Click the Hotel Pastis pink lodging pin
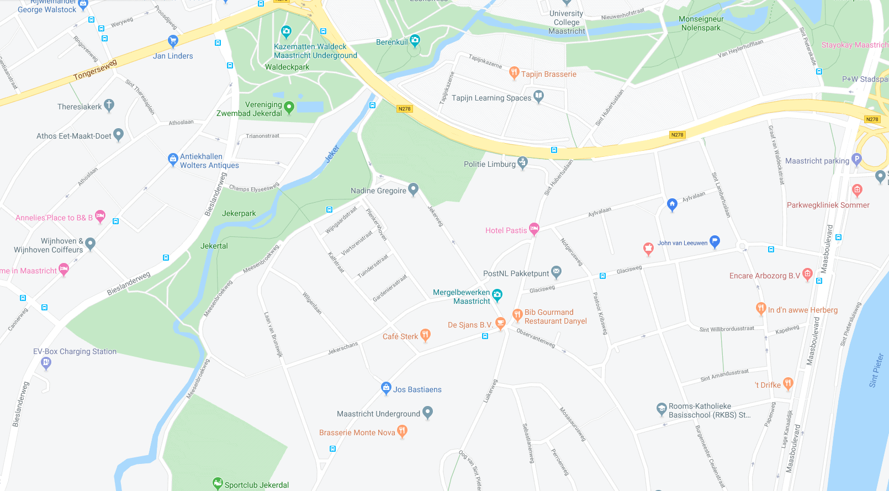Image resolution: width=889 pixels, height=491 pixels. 534,228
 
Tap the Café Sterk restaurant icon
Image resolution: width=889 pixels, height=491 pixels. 425,334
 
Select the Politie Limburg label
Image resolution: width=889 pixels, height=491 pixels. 490,164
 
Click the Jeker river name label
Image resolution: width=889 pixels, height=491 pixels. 332,154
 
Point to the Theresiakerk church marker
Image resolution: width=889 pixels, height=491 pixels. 109,105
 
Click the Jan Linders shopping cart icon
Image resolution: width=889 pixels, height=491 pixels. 173,41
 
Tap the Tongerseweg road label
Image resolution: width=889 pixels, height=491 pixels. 95,70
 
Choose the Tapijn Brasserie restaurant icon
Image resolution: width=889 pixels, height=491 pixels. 514,72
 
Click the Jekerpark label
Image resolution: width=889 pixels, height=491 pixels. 239,213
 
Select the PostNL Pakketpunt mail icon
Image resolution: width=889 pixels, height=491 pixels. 557,271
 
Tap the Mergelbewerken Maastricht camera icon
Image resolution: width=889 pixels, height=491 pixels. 497,295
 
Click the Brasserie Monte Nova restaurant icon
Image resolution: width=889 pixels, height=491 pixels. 402,431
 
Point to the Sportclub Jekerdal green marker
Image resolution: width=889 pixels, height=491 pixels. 218,483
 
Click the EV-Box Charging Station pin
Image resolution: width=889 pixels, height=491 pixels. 46,362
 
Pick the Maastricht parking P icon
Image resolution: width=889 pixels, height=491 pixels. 856,159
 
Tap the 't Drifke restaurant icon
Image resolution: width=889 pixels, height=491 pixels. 788,383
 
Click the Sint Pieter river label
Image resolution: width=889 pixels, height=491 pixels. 876,370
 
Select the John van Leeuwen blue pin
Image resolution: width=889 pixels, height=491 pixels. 715,241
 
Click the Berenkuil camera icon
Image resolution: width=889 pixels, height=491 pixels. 415,40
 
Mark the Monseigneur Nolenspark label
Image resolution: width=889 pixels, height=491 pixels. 701,23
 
